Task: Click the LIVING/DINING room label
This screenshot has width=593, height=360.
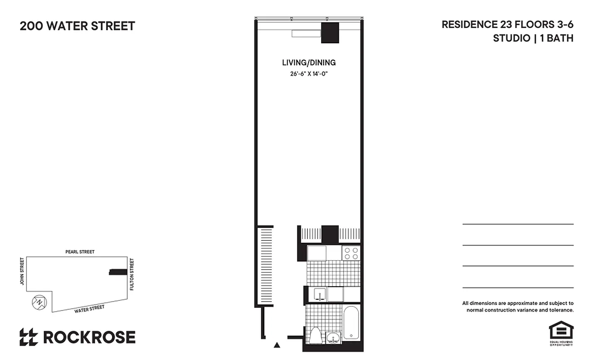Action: [309, 63]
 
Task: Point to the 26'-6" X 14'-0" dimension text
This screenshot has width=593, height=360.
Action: [309, 74]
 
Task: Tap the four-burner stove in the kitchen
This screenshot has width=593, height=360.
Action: [351, 253]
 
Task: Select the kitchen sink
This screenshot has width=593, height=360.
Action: [320, 295]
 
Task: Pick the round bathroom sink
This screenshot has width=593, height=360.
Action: [333, 338]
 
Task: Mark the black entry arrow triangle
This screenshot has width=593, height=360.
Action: [277, 345]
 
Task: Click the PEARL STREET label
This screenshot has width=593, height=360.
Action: [80, 252]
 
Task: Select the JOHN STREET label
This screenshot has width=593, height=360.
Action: [21, 271]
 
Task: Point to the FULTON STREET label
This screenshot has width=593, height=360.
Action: [132, 274]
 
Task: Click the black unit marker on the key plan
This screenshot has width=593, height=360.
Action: [118, 271]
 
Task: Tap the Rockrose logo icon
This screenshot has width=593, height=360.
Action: [28, 337]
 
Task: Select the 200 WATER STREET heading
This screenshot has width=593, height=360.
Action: [77, 26]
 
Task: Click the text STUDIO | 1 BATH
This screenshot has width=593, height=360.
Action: [533, 38]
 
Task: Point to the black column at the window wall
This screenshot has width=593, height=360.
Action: [330, 33]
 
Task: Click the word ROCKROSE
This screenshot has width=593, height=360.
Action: [89, 337]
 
